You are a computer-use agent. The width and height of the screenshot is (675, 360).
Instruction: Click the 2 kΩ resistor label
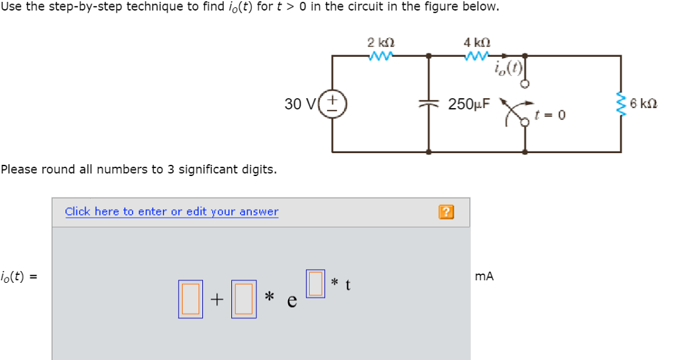click(x=381, y=43)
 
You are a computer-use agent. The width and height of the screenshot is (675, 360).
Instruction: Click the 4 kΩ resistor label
click(x=477, y=43)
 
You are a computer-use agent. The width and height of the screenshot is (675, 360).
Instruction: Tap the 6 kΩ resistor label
click(x=643, y=104)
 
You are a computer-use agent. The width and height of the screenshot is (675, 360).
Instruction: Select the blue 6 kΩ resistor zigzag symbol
click(x=620, y=104)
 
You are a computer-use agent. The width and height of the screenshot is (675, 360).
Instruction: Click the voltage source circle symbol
click(x=333, y=104)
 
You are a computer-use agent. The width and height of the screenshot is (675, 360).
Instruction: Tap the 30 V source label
click(x=299, y=104)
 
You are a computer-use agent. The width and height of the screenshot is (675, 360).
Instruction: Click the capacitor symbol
click(x=429, y=104)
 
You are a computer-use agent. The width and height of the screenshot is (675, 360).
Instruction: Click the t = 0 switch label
click(x=551, y=115)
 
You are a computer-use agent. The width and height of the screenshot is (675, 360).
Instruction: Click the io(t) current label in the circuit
click(x=508, y=67)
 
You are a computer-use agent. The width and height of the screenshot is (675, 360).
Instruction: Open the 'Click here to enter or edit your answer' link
click(x=171, y=212)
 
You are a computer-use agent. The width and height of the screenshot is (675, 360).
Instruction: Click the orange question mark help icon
click(x=446, y=212)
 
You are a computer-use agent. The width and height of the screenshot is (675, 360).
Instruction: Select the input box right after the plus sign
click(x=243, y=299)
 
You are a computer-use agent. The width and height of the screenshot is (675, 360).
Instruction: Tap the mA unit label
click(x=484, y=277)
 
